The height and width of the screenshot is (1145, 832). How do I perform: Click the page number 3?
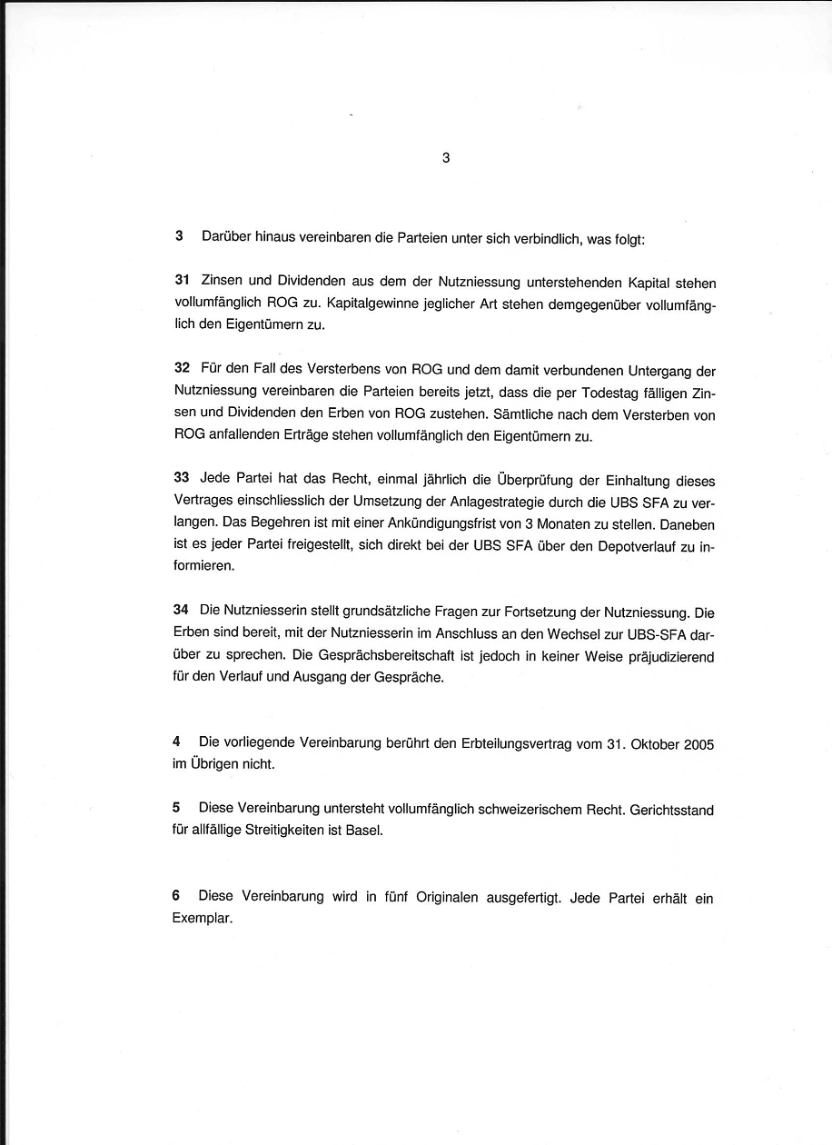[x=445, y=157]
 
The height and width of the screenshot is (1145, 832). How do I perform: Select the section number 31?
[x=183, y=283]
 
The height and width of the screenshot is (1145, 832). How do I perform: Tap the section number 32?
[x=183, y=369]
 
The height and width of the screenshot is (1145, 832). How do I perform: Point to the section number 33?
[x=183, y=479]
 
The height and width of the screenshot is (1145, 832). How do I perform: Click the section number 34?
[x=182, y=612]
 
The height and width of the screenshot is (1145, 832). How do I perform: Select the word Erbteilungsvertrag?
[x=518, y=743]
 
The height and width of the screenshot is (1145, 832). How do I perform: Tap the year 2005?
[x=699, y=743]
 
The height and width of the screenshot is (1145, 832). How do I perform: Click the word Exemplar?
[x=201, y=918]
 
